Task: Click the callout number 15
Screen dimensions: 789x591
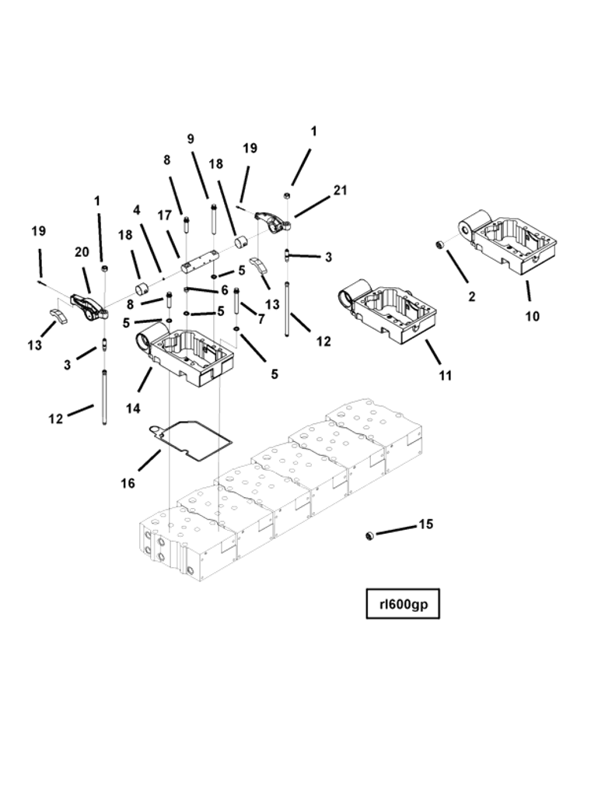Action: pos(425,524)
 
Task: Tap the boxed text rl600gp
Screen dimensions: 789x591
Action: pos(403,604)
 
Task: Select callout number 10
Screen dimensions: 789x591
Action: pos(532,317)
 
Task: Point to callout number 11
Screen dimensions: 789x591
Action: pos(445,375)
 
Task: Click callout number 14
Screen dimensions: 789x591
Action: pos(133,408)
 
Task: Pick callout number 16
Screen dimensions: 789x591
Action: pos(128,483)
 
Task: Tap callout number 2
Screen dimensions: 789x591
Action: pos(471,296)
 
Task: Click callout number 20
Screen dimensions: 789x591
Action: pos(82,252)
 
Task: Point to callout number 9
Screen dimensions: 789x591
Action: pos(191,139)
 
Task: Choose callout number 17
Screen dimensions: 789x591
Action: pos(164,215)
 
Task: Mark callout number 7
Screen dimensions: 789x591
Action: pos(261,319)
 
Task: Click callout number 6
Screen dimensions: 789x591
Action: pos(224,290)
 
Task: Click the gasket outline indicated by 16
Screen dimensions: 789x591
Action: pos(193,436)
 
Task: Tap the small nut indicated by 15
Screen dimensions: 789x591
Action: pos(371,535)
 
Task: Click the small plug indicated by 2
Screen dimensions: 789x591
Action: pos(439,246)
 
